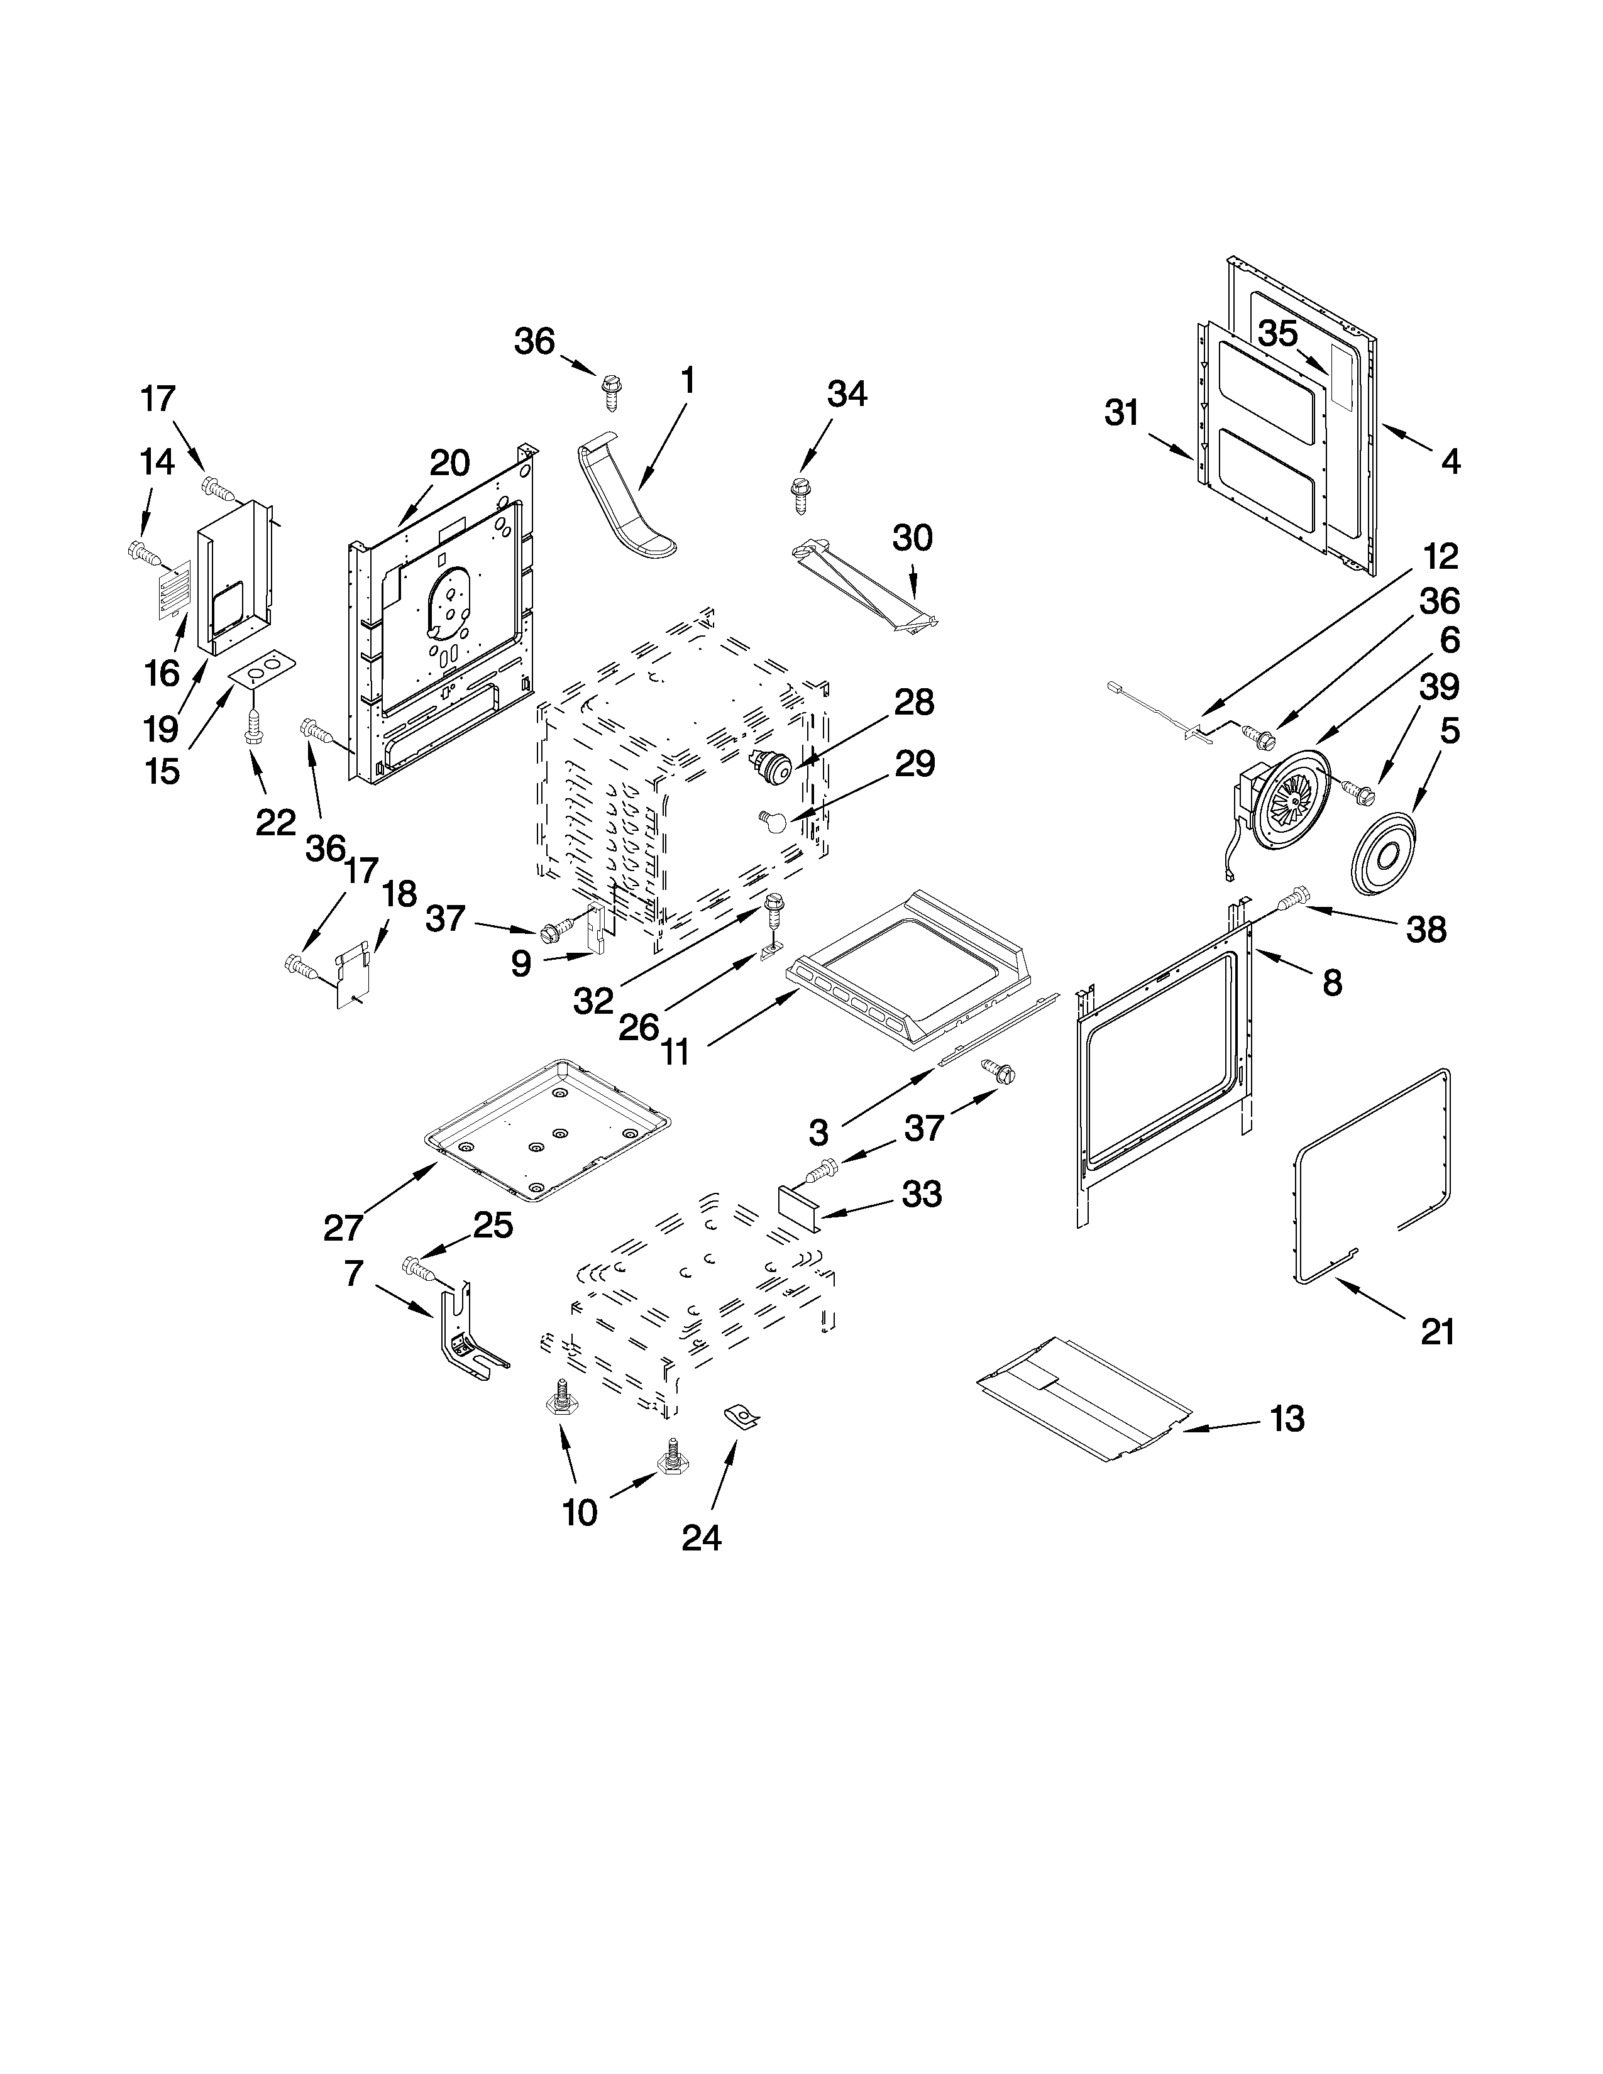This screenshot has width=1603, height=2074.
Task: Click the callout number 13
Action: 1287,1446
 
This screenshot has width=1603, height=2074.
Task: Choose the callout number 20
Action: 449,463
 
